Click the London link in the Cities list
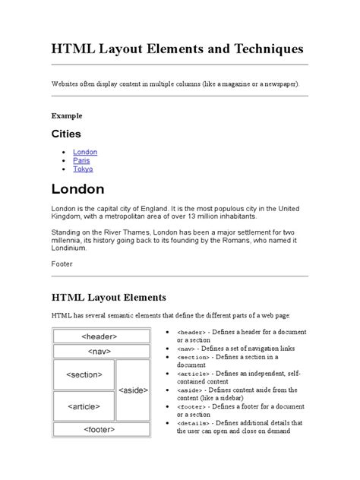(84, 152)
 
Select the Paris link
(81, 160)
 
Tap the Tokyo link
(83, 169)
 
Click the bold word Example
(66, 115)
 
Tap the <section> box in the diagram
(84, 375)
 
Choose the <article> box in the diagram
(84, 406)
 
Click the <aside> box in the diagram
(134, 390)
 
